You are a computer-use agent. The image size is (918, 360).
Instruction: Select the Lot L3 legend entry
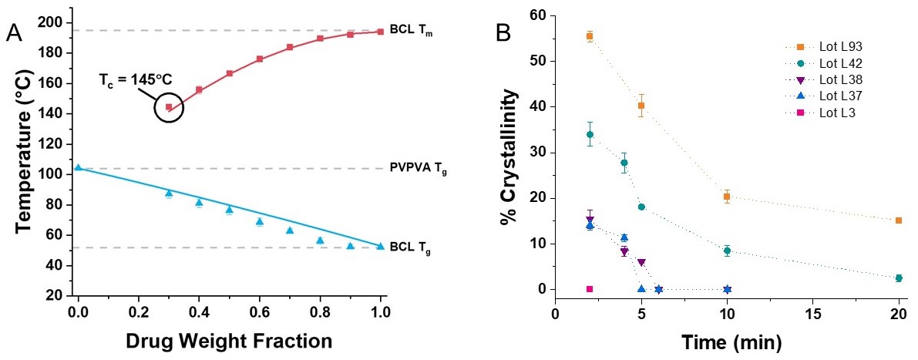pyautogui.click(x=816, y=113)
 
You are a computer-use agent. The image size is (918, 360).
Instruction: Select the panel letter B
pyautogui.click(x=503, y=32)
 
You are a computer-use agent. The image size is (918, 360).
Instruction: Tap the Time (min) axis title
pyautogui.click(x=727, y=339)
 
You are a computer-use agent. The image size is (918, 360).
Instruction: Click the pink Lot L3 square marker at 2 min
pyautogui.click(x=590, y=289)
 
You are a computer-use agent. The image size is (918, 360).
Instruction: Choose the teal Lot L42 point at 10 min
pyautogui.click(x=727, y=251)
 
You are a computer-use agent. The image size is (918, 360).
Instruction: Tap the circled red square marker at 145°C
pyautogui.click(x=169, y=107)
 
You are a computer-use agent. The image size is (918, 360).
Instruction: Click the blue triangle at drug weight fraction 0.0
pyautogui.click(x=78, y=167)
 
